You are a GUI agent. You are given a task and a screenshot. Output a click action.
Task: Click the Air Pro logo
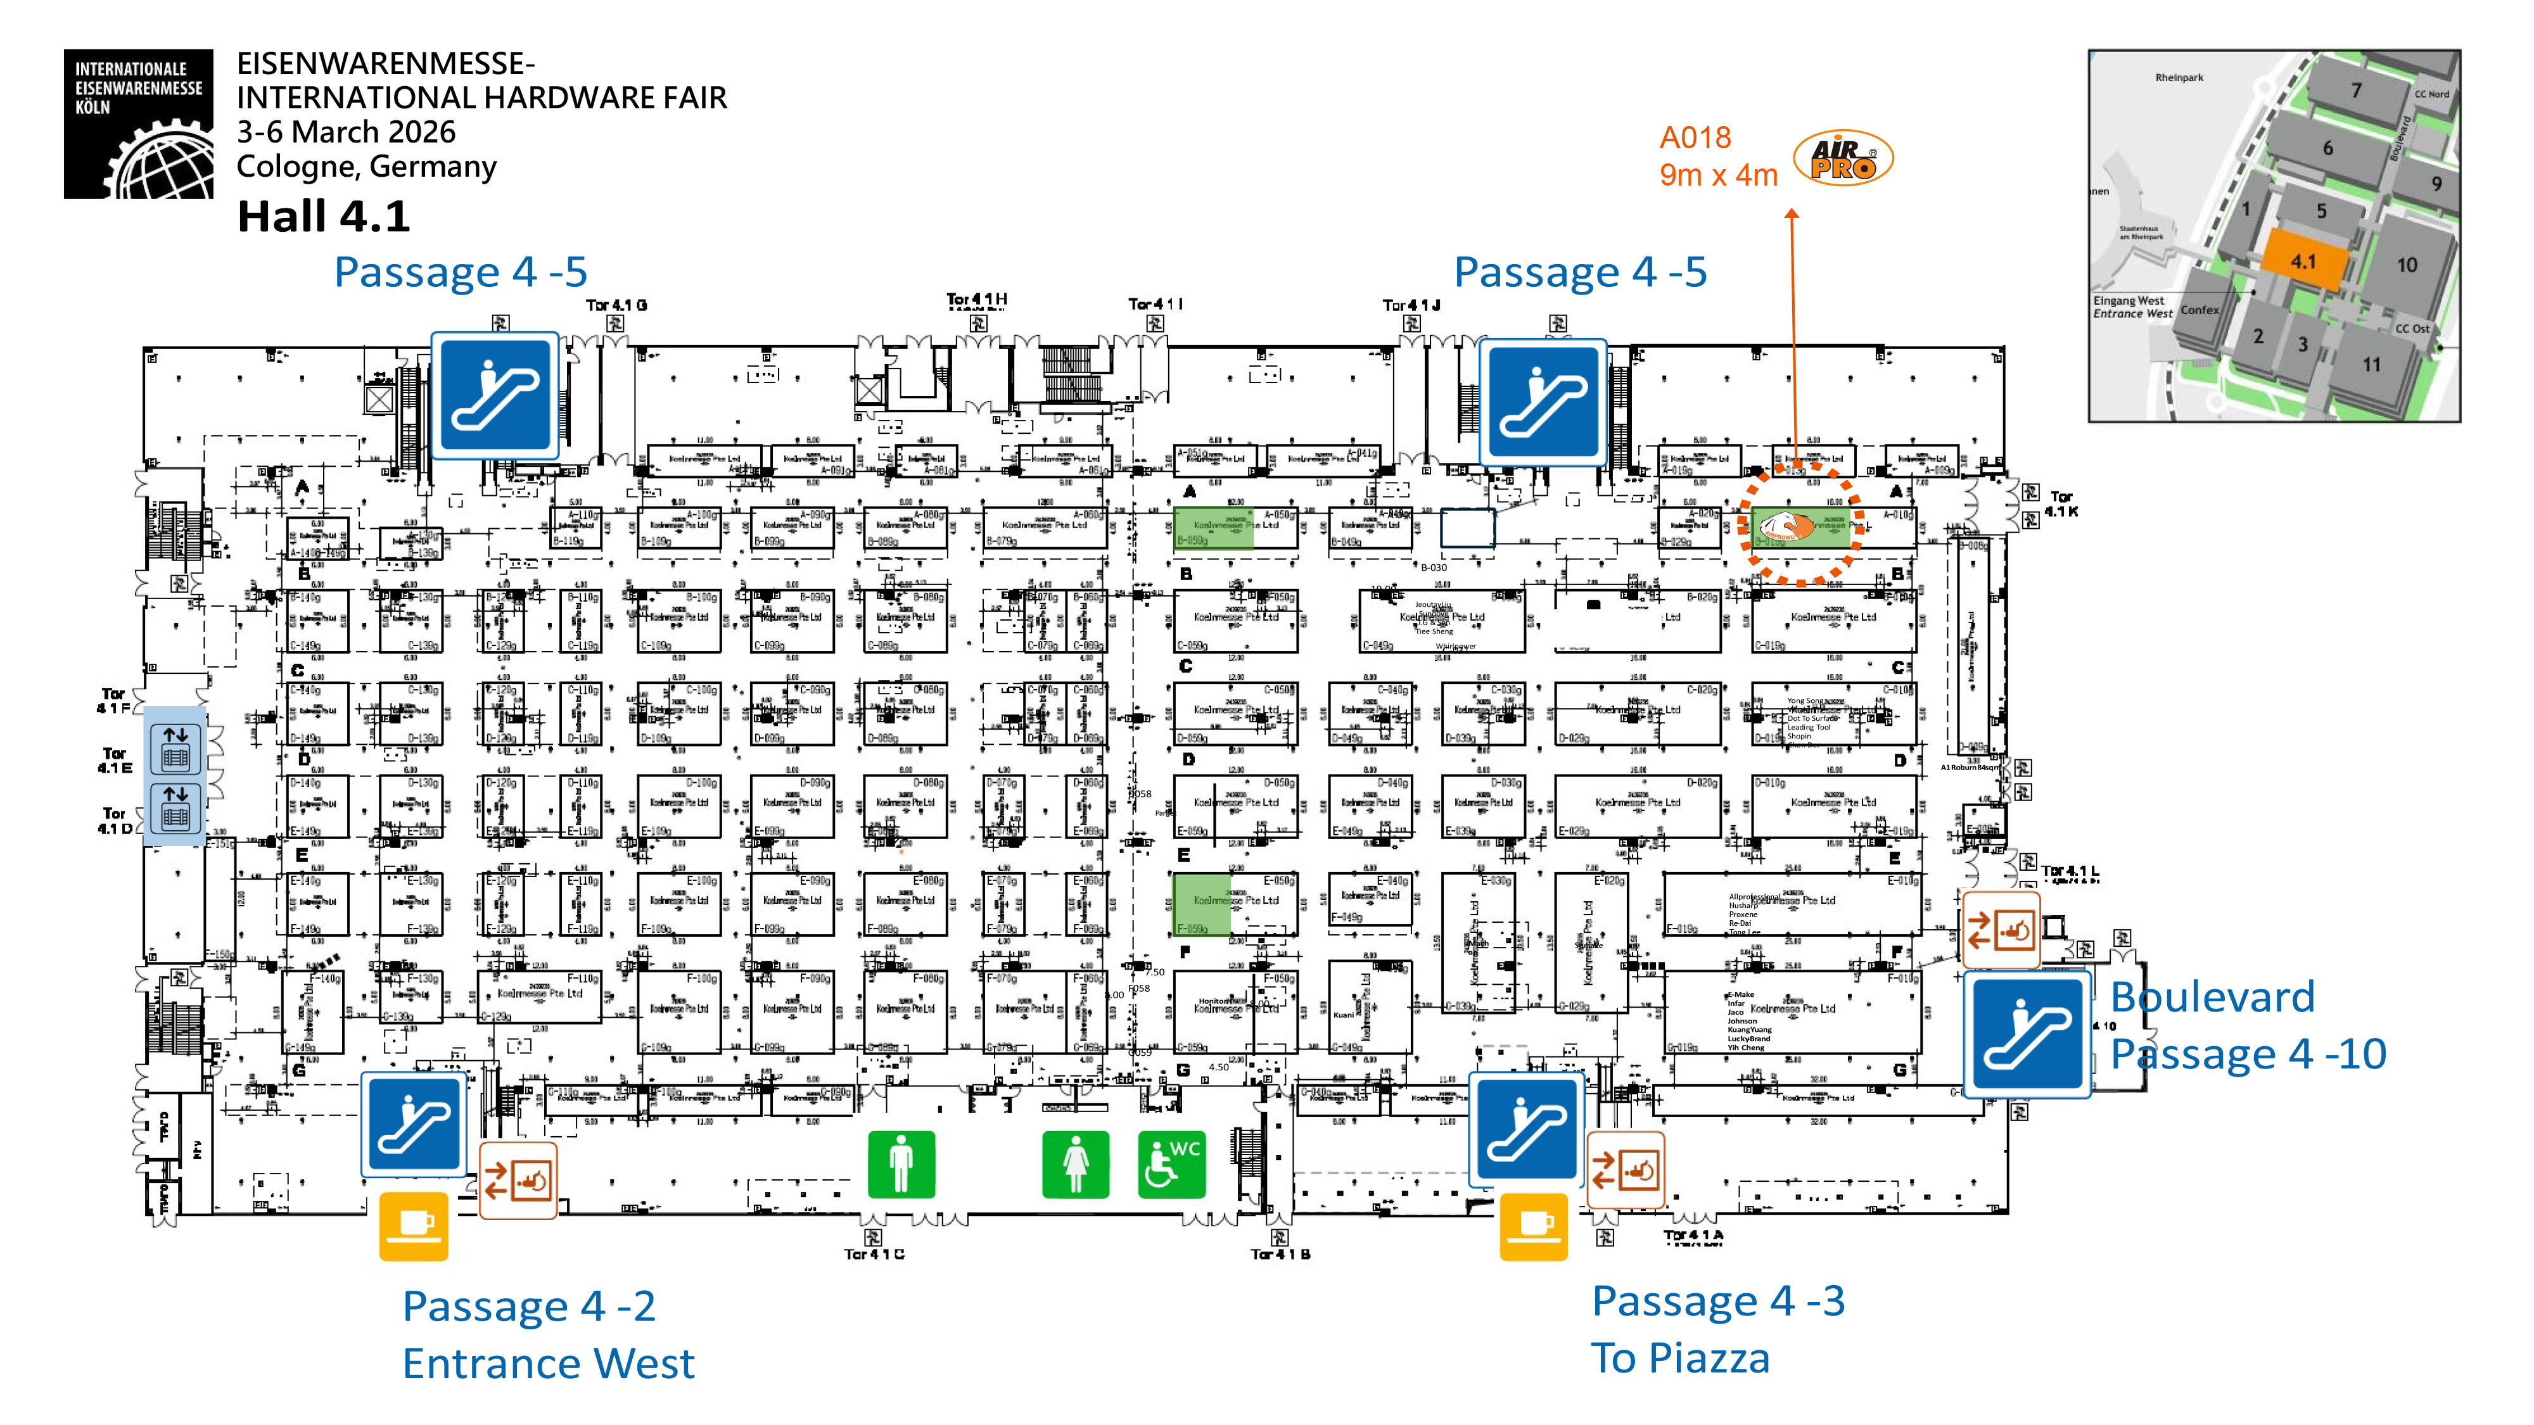click(x=1842, y=158)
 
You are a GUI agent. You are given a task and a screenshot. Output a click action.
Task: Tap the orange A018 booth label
click(x=1694, y=137)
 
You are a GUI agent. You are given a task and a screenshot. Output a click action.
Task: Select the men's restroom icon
click(x=900, y=1165)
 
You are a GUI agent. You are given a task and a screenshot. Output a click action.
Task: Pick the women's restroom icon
click(x=1075, y=1165)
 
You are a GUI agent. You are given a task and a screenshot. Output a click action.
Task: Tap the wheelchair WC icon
click(x=1171, y=1165)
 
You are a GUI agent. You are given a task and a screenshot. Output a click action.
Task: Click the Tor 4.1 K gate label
click(x=2060, y=503)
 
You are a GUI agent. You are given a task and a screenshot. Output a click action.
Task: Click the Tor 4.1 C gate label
click(x=874, y=1254)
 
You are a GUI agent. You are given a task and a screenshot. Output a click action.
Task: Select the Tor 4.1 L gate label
click(x=2069, y=871)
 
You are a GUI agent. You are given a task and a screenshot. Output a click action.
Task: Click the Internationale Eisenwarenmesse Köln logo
click(x=139, y=124)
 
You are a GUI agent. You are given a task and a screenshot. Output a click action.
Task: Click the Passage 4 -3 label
click(x=1717, y=1300)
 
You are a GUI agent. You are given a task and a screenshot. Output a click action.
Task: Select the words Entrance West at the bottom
click(x=548, y=1363)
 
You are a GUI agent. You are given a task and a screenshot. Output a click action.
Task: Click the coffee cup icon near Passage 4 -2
click(x=413, y=1225)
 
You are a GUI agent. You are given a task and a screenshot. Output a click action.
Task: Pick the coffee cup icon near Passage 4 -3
click(x=1532, y=1225)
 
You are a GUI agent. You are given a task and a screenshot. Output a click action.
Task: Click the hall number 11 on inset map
click(x=2372, y=365)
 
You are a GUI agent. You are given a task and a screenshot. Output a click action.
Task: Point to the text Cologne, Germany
click(x=366, y=166)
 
